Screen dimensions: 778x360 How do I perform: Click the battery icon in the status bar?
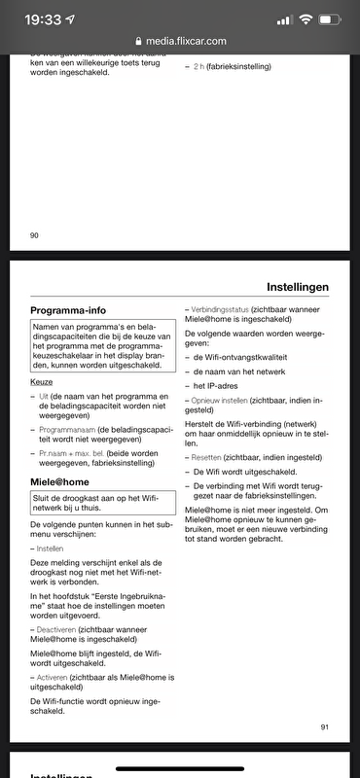click(331, 19)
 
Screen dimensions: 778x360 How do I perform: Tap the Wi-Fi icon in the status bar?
click(306, 19)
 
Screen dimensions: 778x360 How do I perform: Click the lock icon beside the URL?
click(138, 42)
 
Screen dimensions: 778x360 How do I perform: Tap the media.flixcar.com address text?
click(186, 42)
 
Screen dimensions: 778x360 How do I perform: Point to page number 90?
click(35, 234)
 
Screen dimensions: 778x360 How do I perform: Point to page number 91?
click(324, 726)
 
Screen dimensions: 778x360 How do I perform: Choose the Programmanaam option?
click(68, 429)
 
